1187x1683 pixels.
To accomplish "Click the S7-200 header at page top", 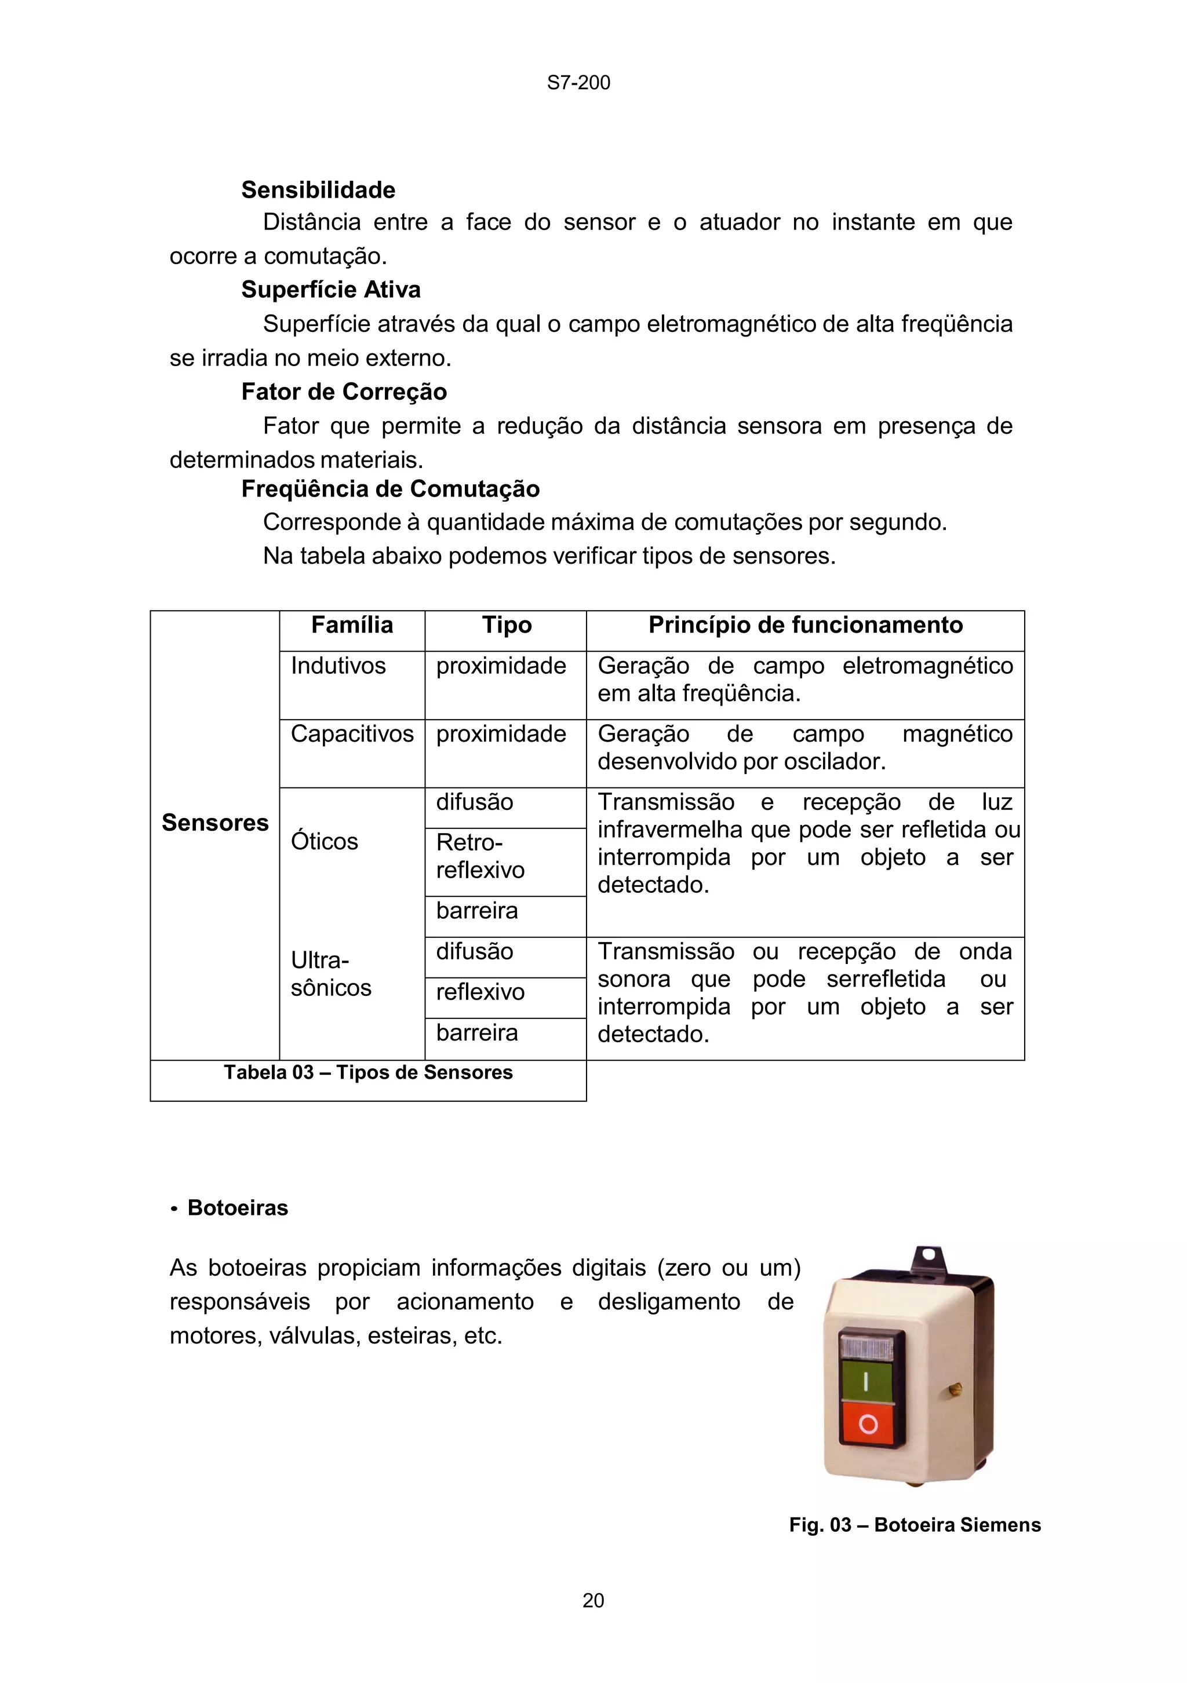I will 578,83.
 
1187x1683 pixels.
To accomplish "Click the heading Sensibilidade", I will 318,190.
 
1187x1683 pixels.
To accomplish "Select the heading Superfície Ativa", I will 331,290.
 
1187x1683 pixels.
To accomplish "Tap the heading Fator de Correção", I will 344,392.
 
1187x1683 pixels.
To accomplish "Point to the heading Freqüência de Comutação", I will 390,489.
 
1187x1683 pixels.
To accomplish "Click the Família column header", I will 352,625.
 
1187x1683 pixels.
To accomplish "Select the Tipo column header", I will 506,625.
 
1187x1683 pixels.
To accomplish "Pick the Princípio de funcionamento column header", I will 805,625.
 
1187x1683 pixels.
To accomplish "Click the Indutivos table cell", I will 338,666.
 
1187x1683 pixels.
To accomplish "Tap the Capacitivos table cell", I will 352,734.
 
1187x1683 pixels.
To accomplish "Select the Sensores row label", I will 215,823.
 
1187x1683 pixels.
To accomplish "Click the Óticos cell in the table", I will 324,841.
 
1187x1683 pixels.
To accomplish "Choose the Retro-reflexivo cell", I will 480,856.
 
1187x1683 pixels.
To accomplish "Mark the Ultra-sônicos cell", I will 331,974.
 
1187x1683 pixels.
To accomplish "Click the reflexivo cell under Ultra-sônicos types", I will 480,992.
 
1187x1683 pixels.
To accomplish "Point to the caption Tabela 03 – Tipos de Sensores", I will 368,1072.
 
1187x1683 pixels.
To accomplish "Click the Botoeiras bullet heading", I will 238,1208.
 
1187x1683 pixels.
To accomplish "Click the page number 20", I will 592,1601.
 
